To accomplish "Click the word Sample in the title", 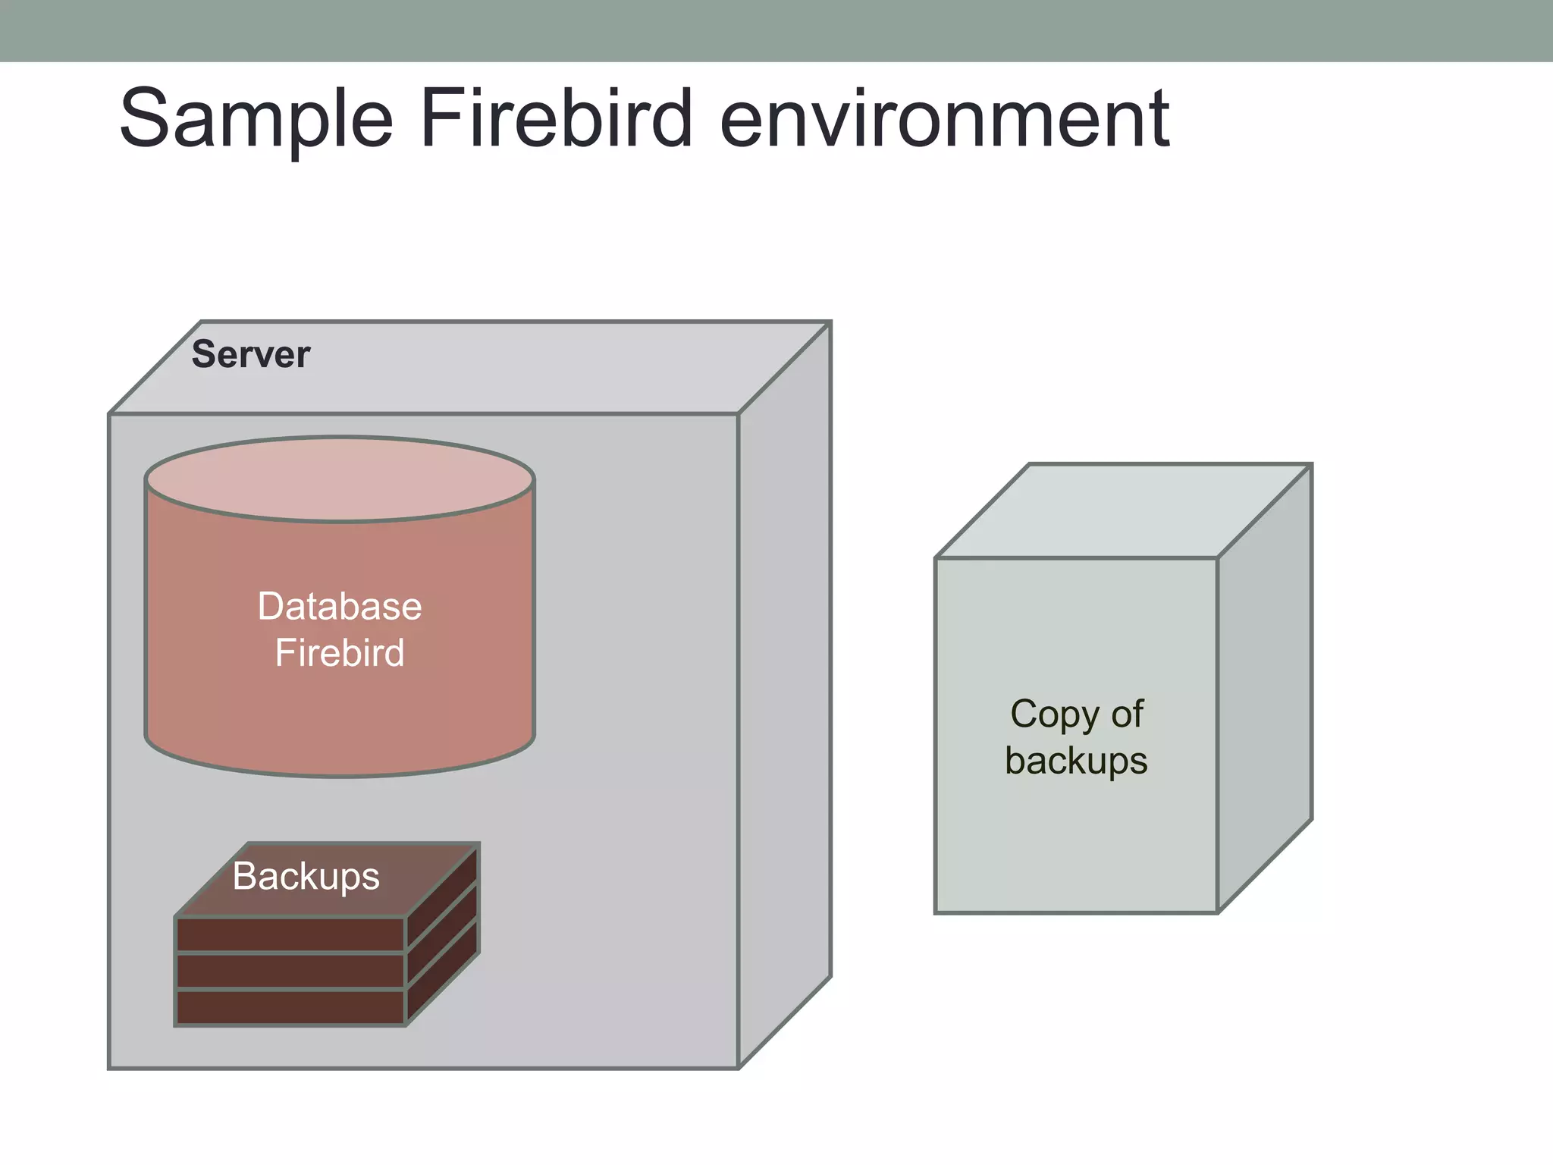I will (x=256, y=119).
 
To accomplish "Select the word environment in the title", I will (x=944, y=119).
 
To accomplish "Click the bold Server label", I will (x=250, y=354).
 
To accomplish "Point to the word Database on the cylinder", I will (x=339, y=606).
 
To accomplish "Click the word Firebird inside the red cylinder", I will (x=339, y=653).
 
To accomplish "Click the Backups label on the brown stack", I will (x=306, y=877).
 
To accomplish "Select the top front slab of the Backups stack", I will (x=290, y=934).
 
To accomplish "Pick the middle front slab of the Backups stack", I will (x=290, y=972).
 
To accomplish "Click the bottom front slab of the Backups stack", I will (x=290, y=1008).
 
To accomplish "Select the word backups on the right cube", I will (x=1075, y=761).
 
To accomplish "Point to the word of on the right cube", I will (x=1127, y=714).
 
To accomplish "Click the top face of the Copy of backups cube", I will (x=1122, y=511).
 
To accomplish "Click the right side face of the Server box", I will (x=785, y=694).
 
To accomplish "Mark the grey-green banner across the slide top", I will (x=776, y=30).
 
